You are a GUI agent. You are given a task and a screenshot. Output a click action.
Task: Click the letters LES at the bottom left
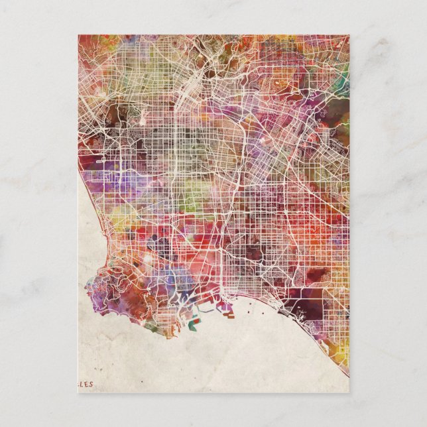[x=86, y=383]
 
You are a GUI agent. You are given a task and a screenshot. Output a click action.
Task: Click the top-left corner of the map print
[x=78, y=35]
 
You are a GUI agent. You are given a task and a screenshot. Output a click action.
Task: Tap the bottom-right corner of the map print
[x=349, y=393]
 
